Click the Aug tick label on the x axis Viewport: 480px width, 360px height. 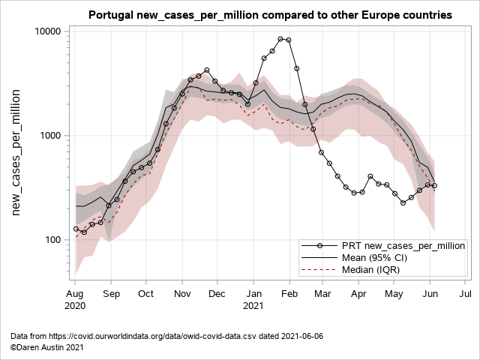click(76, 293)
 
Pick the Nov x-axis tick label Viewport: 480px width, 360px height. click(182, 293)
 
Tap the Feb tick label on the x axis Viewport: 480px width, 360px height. click(289, 293)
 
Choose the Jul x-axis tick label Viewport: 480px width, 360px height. click(464, 293)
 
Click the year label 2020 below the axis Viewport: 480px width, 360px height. click(76, 306)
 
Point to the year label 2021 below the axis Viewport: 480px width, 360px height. click(254, 306)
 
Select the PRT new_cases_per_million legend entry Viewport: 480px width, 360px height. click(403, 246)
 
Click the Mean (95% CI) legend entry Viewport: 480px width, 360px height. click(384, 258)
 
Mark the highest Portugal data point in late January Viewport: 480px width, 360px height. click(280, 39)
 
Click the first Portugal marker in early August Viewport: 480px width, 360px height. click(76, 229)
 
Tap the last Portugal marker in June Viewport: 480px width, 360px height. click(434, 186)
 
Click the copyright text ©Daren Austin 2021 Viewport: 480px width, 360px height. click(46, 347)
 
